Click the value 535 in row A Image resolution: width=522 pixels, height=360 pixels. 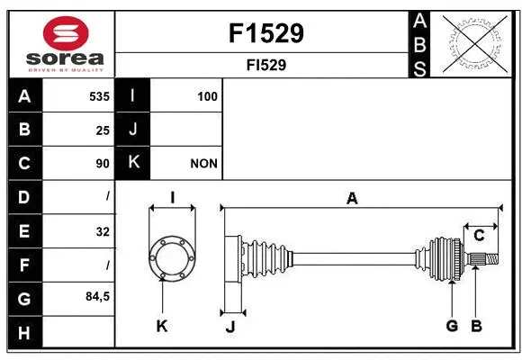tap(99, 96)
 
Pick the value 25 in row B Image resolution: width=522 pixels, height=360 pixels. tap(103, 130)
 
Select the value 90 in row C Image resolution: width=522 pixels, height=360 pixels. tap(103, 164)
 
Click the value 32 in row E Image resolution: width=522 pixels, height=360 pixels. tap(103, 231)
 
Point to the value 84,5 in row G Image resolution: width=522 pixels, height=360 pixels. tap(97, 296)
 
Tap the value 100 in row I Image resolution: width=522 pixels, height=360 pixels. tap(207, 96)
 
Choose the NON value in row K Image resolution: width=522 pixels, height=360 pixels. tap(203, 164)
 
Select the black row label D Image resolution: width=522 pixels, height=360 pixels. tap(24, 196)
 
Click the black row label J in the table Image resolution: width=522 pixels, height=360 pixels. tap(133, 130)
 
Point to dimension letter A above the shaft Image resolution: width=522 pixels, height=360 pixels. tap(352, 199)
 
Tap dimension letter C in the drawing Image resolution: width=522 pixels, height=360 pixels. tap(479, 236)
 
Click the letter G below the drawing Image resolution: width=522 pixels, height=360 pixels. tap(452, 326)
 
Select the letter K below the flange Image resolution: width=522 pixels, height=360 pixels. tap(162, 326)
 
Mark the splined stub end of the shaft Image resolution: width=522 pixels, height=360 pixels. tap(481, 259)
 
